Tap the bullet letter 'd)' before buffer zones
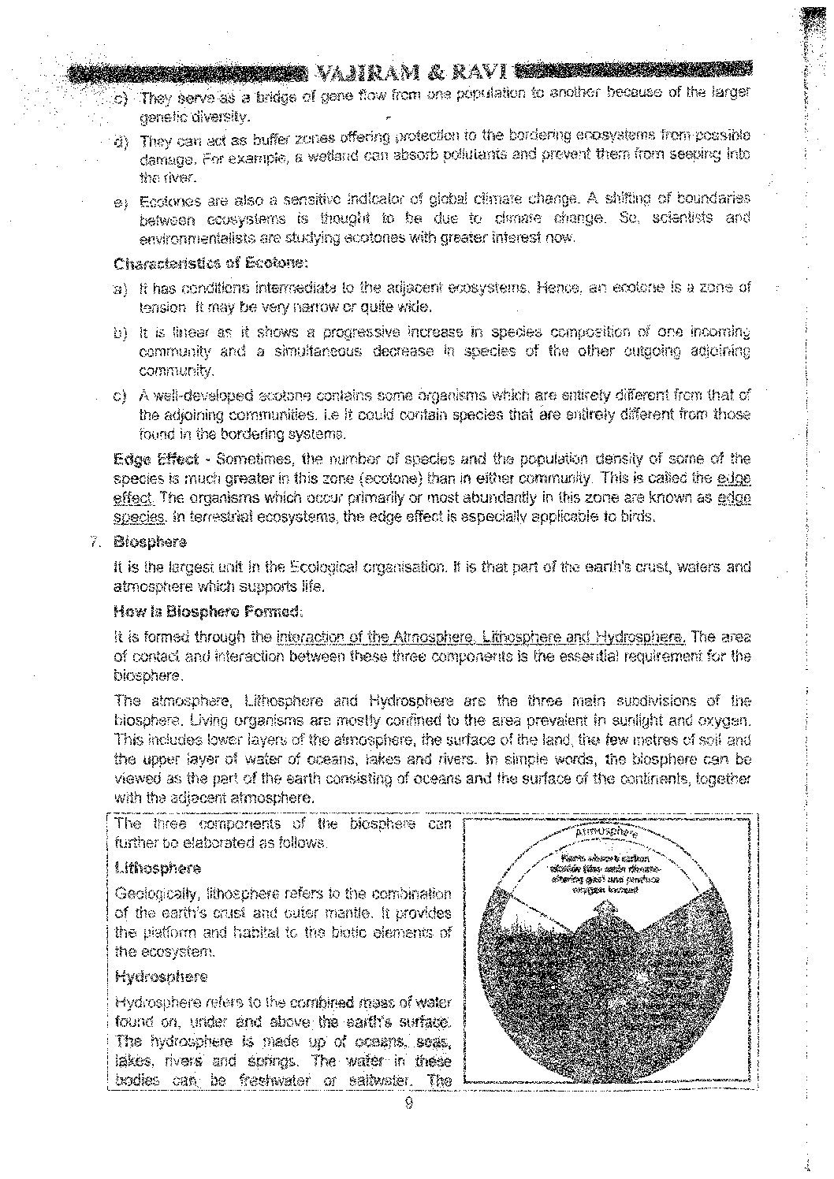(x=121, y=143)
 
